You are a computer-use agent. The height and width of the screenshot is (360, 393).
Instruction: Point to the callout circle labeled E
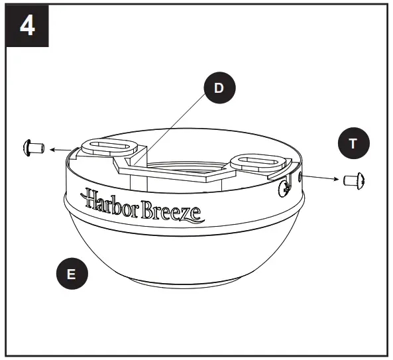[72, 274]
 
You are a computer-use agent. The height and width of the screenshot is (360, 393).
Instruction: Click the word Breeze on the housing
[176, 211]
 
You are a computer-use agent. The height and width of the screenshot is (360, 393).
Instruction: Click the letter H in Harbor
[90, 198]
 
